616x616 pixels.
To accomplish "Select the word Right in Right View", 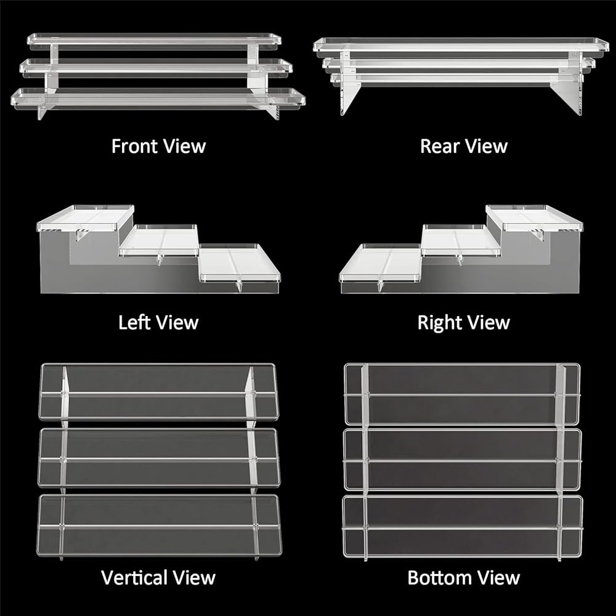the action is pyautogui.click(x=439, y=323).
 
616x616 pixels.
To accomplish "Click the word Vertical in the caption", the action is pyautogui.click(x=133, y=578).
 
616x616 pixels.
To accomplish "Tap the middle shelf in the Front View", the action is pyautogui.click(x=154, y=66).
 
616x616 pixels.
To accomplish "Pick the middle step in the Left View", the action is pyautogui.click(x=159, y=240).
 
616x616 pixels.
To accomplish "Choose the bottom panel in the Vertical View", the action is pyautogui.click(x=159, y=524).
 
